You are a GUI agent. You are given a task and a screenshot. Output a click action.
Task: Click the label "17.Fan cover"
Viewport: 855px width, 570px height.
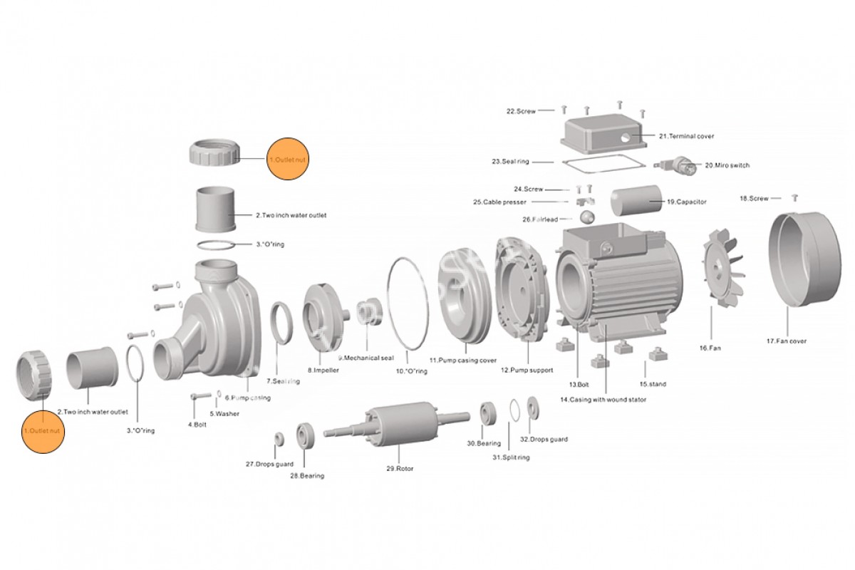pyautogui.click(x=787, y=341)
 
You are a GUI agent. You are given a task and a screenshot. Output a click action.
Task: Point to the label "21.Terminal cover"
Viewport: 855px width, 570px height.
pyautogui.click(x=685, y=136)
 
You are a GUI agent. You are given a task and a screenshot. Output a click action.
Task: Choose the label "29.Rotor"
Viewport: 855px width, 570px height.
pyautogui.click(x=399, y=469)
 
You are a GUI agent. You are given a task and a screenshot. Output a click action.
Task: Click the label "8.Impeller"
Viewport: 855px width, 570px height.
pyautogui.click(x=323, y=370)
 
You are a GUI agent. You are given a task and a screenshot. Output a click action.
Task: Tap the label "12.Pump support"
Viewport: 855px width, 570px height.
pyautogui.click(x=528, y=370)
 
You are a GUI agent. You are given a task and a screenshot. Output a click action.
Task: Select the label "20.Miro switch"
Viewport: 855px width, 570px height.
pyautogui.click(x=727, y=165)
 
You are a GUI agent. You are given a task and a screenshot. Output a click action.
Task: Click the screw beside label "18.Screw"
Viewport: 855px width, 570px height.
pyautogui.click(x=795, y=197)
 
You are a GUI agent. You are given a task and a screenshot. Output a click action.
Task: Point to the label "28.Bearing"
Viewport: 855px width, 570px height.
pyautogui.click(x=306, y=475)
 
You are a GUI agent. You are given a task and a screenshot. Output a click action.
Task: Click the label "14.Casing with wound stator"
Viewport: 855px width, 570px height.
pyautogui.click(x=603, y=400)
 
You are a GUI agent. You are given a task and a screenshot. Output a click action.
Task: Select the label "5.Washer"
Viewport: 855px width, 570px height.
pyautogui.click(x=224, y=413)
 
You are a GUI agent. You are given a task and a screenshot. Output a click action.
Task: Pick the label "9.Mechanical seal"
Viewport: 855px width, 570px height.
pyautogui.click(x=366, y=358)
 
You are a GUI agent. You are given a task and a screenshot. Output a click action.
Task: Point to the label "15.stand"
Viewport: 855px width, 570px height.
pyautogui.click(x=652, y=384)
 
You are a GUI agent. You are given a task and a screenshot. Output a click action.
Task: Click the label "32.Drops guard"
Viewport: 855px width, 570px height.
pyautogui.click(x=544, y=440)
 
